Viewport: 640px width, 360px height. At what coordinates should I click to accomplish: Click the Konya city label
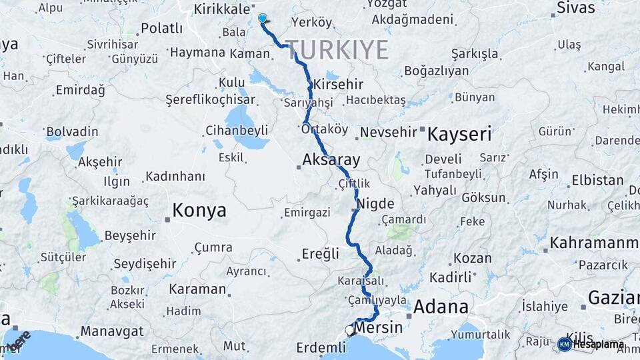point(199,211)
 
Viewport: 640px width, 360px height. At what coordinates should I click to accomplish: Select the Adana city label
point(441,307)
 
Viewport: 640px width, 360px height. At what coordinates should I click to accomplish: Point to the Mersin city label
point(379,327)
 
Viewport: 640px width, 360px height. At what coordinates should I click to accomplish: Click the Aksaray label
point(331,160)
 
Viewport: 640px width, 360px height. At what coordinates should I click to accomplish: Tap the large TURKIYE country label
point(338,50)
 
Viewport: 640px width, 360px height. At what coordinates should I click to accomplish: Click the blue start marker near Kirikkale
point(263,19)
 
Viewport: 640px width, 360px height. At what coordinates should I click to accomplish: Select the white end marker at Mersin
point(349,330)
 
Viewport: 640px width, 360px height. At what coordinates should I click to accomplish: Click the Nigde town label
point(375,203)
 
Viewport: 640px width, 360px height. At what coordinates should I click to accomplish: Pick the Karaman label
point(197,289)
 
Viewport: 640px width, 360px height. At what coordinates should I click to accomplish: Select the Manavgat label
point(112,331)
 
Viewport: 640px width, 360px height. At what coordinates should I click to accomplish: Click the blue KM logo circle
point(565,344)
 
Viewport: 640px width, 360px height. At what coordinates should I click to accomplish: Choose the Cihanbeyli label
point(237,130)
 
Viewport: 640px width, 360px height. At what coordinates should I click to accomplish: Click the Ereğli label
point(321,253)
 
